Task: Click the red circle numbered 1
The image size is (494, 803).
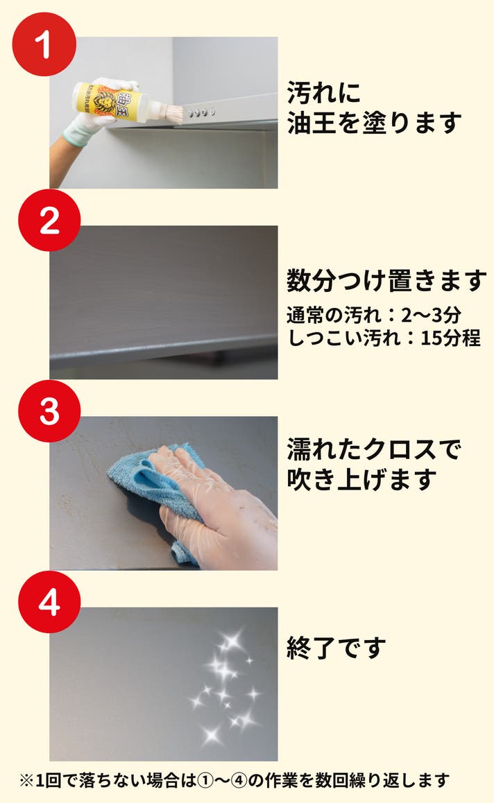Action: pos(44,44)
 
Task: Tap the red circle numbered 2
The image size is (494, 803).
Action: pos(49,221)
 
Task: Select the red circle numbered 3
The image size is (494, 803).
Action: pos(49,411)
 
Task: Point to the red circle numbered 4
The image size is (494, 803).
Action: pos(49,602)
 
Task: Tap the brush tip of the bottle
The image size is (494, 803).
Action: pos(171,114)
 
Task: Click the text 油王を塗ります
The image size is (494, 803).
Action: pos(374,123)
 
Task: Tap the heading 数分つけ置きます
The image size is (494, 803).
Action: pos(386,281)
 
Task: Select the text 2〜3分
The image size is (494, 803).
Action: pos(430,316)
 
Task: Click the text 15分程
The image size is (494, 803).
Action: pos(450,338)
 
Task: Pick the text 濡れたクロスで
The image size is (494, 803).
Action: pos(374,449)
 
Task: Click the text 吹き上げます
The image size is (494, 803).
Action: pos(361,479)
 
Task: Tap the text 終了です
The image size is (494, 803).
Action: pos(337,648)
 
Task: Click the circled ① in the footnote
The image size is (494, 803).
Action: pos(205,781)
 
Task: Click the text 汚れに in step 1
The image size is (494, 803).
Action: pos(324,93)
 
